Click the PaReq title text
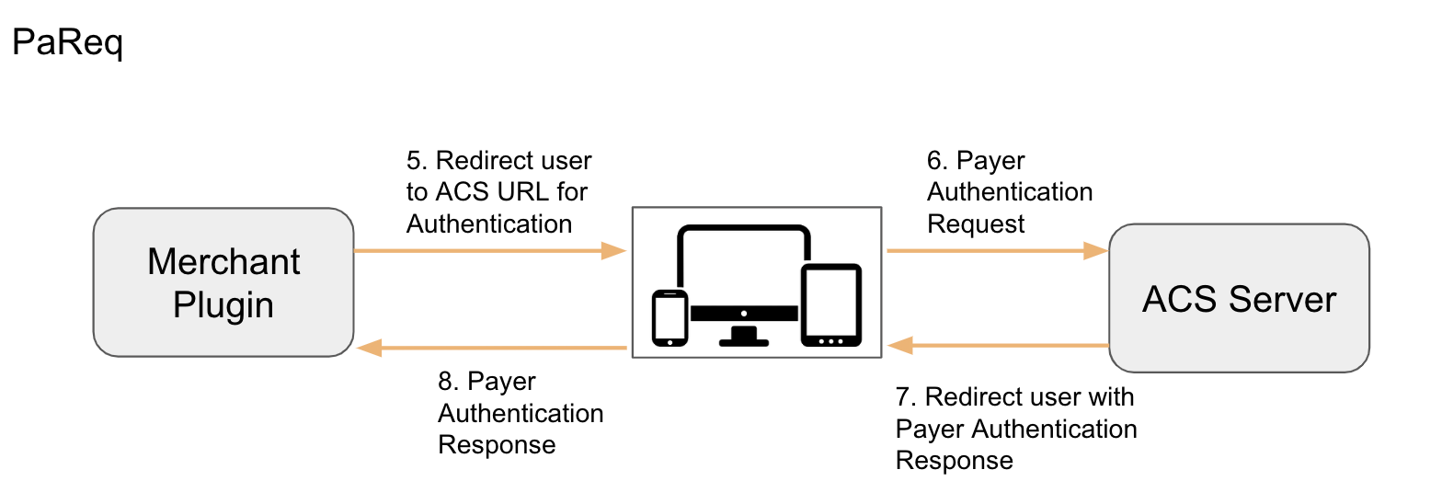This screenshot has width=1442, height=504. pyautogui.click(x=67, y=43)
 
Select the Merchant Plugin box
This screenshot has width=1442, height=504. pyautogui.click(x=223, y=282)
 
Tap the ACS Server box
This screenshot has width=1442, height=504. pyautogui.click(x=1239, y=298)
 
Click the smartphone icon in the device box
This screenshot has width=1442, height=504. pyautogui.click(x=669, y=317)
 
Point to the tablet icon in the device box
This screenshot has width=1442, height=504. pyautogui.click(x=830, y=305)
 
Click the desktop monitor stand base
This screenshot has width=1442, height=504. pyautogui.click(x=743, y=341)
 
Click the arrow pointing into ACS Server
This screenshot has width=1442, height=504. pyautogui.click(x=998, y=250)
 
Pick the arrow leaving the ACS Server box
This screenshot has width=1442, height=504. pyautogui.click(x=998, y=346)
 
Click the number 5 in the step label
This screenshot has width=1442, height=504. pyautogui.click(x=415, y=161)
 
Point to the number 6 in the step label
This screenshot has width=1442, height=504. pyautogui.click(x=935, y=161)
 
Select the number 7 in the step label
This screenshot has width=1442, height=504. pyautogui.click(x=904, y=397)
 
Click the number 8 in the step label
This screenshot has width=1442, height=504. pyautogui.click(x=446, y=382)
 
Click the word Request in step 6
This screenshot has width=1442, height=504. pyautogui.click(x=976, y=224)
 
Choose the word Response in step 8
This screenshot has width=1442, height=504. pyautogui.click(x=497, y=445)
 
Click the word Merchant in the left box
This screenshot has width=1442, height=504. pyautogui.click(x=223, y=262)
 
